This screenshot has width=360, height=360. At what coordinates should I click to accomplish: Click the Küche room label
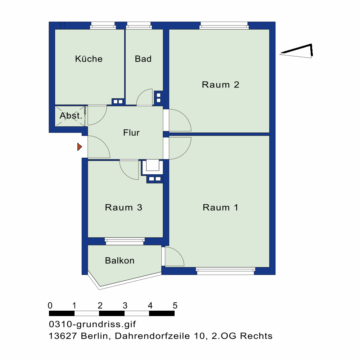click(89, 59)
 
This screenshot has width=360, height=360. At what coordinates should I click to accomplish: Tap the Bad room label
click(143, 59)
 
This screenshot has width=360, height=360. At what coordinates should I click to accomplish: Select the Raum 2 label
click(220, 85)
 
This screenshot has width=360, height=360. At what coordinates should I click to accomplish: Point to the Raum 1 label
click(220, 208)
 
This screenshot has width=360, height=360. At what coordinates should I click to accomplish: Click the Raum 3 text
click(123, 208)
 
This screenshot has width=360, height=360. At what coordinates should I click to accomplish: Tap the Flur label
click(131, 133)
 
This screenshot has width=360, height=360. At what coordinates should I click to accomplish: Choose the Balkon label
click(120, 261)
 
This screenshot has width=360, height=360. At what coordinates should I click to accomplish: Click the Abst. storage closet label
click(71, 116)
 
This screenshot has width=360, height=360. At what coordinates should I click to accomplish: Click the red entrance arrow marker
click(80, 147)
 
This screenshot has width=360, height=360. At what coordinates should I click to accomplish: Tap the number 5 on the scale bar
click(175, 306)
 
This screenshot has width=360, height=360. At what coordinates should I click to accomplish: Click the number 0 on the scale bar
click(50, 306)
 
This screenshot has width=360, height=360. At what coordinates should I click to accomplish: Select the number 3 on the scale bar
click(125, 306)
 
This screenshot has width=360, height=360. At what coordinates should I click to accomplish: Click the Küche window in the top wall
click(103, 26)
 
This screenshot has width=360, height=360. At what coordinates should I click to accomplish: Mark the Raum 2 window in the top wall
click(224, 26)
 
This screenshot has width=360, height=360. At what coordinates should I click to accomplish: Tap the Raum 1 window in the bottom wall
click(225, 271)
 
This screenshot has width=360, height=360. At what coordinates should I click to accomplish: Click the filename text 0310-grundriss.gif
click(92, 324)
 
